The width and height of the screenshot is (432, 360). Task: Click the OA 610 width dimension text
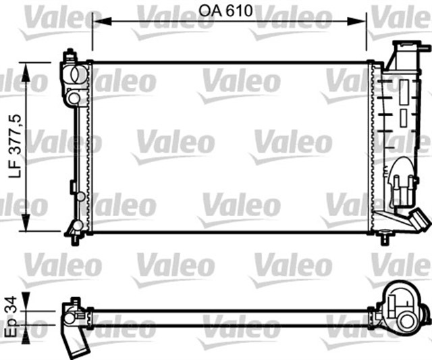click(x=230, y=11)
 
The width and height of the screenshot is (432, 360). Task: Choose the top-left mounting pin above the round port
click(x=70, y=54)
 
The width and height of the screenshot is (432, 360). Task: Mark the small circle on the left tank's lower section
click(x=80, y=197)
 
